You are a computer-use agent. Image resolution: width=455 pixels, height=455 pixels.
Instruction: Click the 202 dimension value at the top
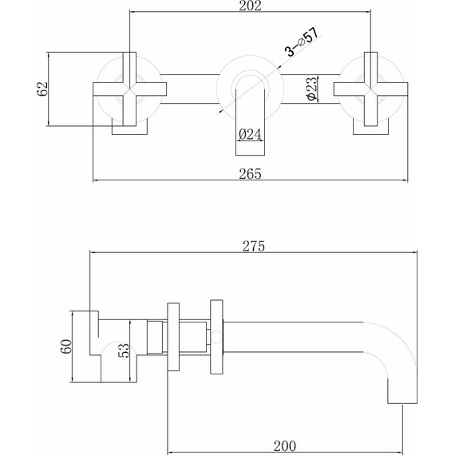click(x=250, y=6)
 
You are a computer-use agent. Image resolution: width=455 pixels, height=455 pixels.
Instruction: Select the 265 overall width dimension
click(x=250, y=173)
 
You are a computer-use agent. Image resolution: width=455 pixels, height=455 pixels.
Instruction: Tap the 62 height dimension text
click(x=42, y=89)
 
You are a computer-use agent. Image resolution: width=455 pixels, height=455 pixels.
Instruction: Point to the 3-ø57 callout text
click(x=302, y=42)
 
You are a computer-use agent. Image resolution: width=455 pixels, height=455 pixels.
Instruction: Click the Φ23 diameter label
click(x=312, y=89)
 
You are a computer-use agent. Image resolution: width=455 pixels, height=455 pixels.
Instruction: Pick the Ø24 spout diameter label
click(x=250, y=134)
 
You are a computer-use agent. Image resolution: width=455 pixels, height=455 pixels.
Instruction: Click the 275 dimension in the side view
click(x=254, y=246)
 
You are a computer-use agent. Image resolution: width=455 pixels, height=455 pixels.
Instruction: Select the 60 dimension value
click(x=66, y=346)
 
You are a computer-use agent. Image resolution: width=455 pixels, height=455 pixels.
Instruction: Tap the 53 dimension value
click(x=123, y=350)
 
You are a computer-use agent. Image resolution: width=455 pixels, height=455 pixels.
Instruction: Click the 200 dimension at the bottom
click(x=285, y=445)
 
